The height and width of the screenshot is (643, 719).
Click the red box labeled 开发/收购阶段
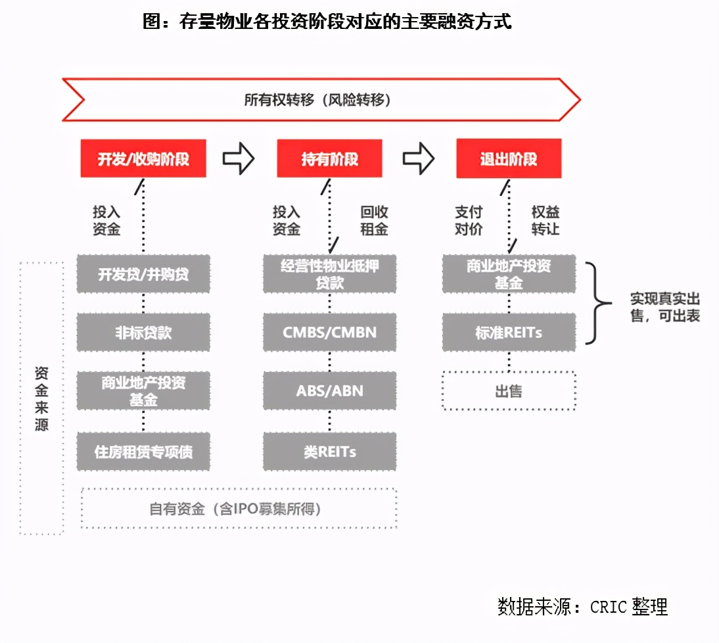(143, 158)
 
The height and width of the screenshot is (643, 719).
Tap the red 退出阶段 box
(509, 158)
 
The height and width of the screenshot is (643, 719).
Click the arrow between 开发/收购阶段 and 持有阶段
(238, 158)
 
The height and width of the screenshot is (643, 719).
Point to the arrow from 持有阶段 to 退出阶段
(419, 158)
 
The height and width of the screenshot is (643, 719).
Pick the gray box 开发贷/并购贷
(143, 274)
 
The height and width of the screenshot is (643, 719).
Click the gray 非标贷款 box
(143, 332)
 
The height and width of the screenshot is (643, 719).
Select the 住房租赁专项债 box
(143, 452)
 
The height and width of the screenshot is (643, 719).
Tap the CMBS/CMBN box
(329, 332)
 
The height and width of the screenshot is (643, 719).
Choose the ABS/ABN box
(329, 391)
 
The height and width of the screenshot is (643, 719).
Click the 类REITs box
(329, 452)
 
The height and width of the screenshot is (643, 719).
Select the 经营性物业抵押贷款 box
(329, 274)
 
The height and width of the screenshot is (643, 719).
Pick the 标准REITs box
(509, 332)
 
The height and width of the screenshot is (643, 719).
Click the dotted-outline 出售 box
(509, 391)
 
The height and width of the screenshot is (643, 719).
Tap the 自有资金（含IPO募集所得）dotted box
(239, 509)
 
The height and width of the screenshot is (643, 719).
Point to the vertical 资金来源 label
(41, 398)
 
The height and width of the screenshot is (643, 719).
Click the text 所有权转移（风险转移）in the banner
(317, 100)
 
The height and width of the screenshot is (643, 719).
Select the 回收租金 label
(374, 221)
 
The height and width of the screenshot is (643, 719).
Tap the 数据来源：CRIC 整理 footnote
(582, 606)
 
